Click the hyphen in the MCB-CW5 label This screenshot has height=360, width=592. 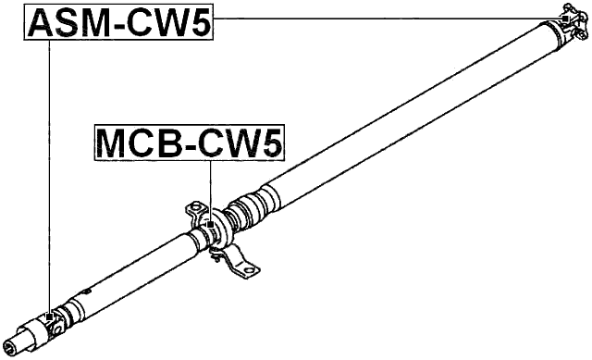pos(191,145)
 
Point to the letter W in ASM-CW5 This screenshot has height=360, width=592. pos(167,22)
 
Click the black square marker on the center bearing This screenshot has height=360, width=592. pos(211,223)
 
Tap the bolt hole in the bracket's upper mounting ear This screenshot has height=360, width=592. pos(196,203)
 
